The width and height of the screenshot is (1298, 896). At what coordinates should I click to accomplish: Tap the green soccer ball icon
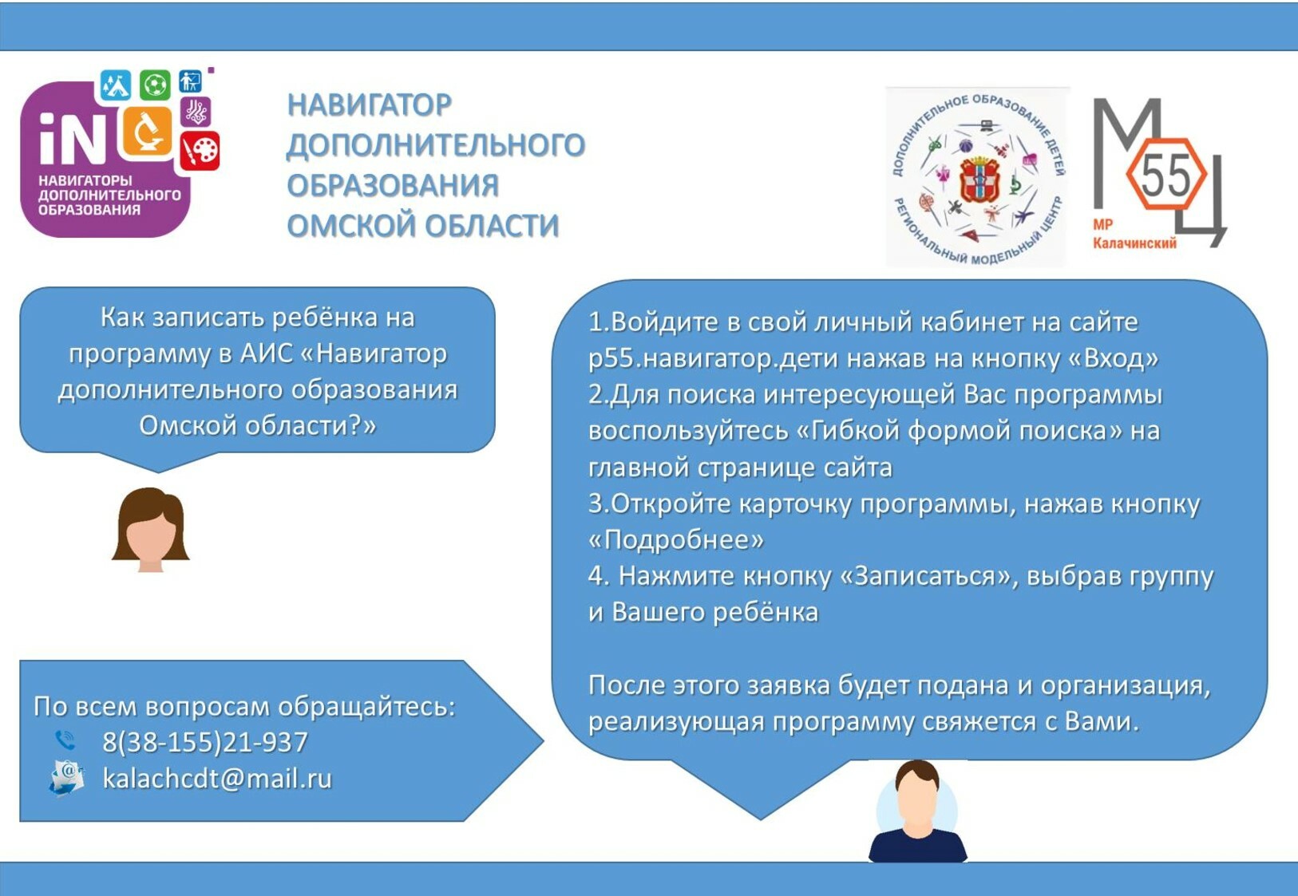tap(155, 85)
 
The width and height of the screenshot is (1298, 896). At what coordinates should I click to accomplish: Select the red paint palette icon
tap(200, 151)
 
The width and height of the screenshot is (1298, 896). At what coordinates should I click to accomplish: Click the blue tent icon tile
tap(116, 85)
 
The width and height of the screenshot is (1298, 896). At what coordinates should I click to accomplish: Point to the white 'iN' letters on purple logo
tap(73, 137)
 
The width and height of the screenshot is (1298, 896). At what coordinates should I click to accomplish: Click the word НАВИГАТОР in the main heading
tap(370, 105)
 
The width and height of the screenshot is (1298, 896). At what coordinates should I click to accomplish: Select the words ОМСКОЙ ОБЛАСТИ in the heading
tap(423, 225)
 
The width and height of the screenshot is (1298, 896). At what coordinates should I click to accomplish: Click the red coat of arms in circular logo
tap(979, 179)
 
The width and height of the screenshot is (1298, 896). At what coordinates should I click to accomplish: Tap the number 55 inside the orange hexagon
tap(1165, 175)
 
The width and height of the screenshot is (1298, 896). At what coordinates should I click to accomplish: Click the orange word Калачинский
tap(1134, 243)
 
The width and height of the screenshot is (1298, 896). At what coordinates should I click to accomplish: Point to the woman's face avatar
tap(151, 530)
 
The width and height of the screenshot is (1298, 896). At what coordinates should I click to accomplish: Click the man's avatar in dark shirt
tap(917, 811)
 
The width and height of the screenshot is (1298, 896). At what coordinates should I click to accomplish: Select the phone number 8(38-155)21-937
tap(205, 742)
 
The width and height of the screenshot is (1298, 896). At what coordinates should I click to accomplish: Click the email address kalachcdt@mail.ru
tap(217, 778)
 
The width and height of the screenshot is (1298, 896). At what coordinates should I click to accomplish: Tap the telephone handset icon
tap(65, 740)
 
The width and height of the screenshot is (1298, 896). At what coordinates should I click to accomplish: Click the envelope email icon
tap(66, 779)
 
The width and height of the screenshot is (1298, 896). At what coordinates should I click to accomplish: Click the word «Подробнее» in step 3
tap(676, 540)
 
